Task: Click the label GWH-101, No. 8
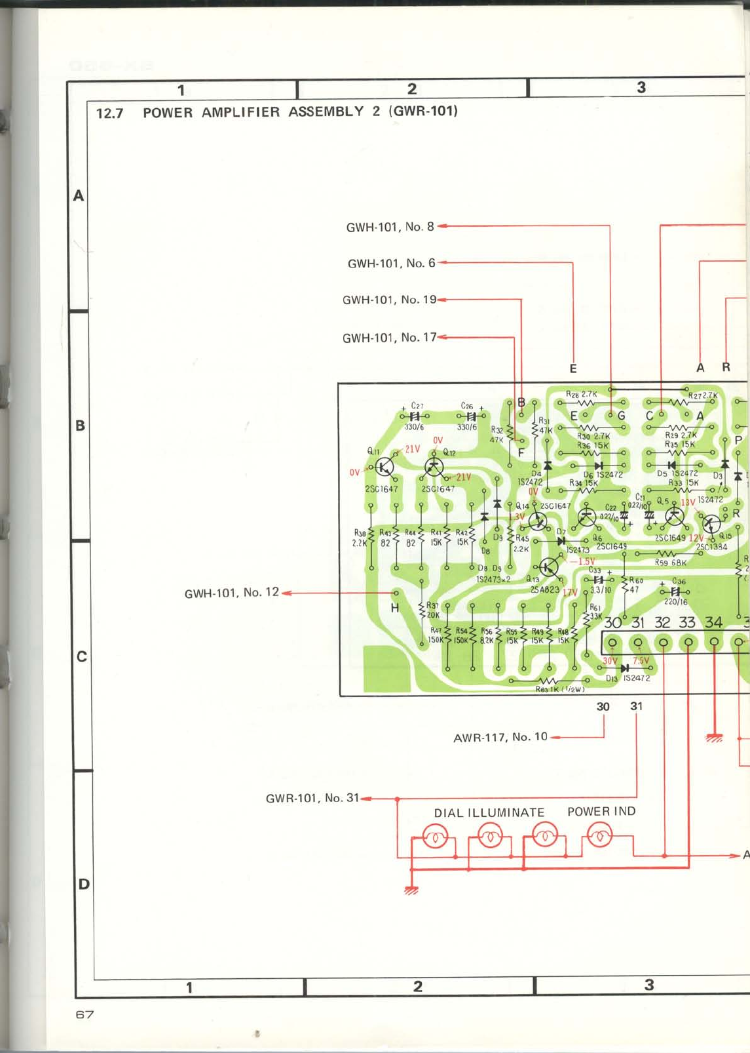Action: click(390, 227)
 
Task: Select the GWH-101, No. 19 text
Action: click(389, 300)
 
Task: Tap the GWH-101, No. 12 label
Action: click(231, 593)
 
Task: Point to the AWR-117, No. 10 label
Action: click(500, 737)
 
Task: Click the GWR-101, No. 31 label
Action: click(312, 798)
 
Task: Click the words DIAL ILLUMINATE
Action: click(489, 813)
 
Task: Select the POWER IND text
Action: click(601, 812)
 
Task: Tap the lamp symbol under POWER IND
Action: click(599, 835)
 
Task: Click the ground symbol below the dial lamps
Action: click(411, 890)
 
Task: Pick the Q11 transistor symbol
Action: click(384, 467)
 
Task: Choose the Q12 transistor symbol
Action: click(434, 467)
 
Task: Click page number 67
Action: click(85, 1014)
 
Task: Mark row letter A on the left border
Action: click(79, 195)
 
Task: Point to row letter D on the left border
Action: click(84, 884)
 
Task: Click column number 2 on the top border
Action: click(412, 89)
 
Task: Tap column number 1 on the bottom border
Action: click(189, 987)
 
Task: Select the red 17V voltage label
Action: click(570, 593)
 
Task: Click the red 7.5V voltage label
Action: click(641, 661)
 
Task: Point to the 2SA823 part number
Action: click(545, 590)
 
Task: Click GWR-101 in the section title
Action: click(423, 111)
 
